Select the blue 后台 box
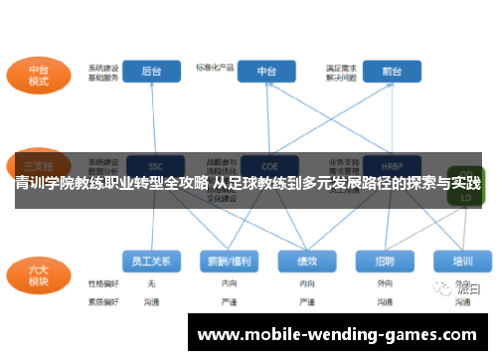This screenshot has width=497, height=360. (x=152, y=72)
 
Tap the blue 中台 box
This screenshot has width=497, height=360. (x=267, y=72)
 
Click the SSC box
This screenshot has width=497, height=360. (x=154, y=165)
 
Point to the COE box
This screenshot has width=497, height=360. (x=267, y=165)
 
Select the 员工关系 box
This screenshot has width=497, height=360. (x=152, y=261)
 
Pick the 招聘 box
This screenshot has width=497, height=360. (x=385, y=261)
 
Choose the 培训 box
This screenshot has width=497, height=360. (x=461, y=261)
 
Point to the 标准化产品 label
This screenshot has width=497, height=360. (x=215, y=68)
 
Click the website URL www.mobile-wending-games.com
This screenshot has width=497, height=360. (x=338, y=334)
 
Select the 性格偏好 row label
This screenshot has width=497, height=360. (x=103, y=283)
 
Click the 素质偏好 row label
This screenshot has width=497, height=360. (x=103, y=299)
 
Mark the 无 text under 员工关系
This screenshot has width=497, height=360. (x=152, y=283)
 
